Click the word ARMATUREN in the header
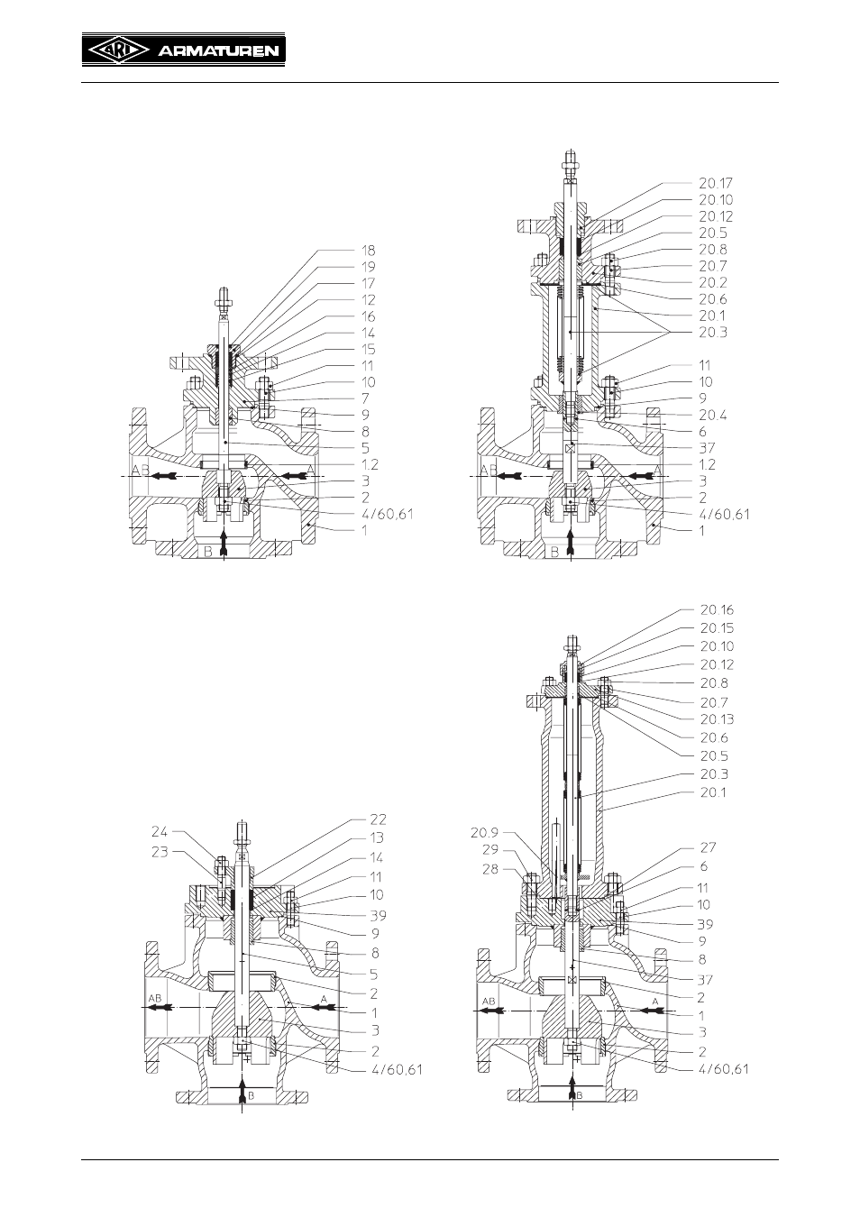click(218, 51)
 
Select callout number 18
click(369, 251)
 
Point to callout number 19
click(369, 267)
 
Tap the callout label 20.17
click(716, 183)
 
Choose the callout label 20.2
click(713, 282)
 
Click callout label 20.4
click(713, 415)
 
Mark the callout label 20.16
click(717, 610)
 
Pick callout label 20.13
click(717, 719)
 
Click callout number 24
click(160, 831)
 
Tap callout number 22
click(378, 819)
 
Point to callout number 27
click(709, 847)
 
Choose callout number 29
click(490, 850)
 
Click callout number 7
click(366, 398)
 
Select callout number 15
click(369, 350)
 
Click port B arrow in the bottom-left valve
click(242, 1094)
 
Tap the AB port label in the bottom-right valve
click(489, 1001)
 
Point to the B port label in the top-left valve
click(207, 553)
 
